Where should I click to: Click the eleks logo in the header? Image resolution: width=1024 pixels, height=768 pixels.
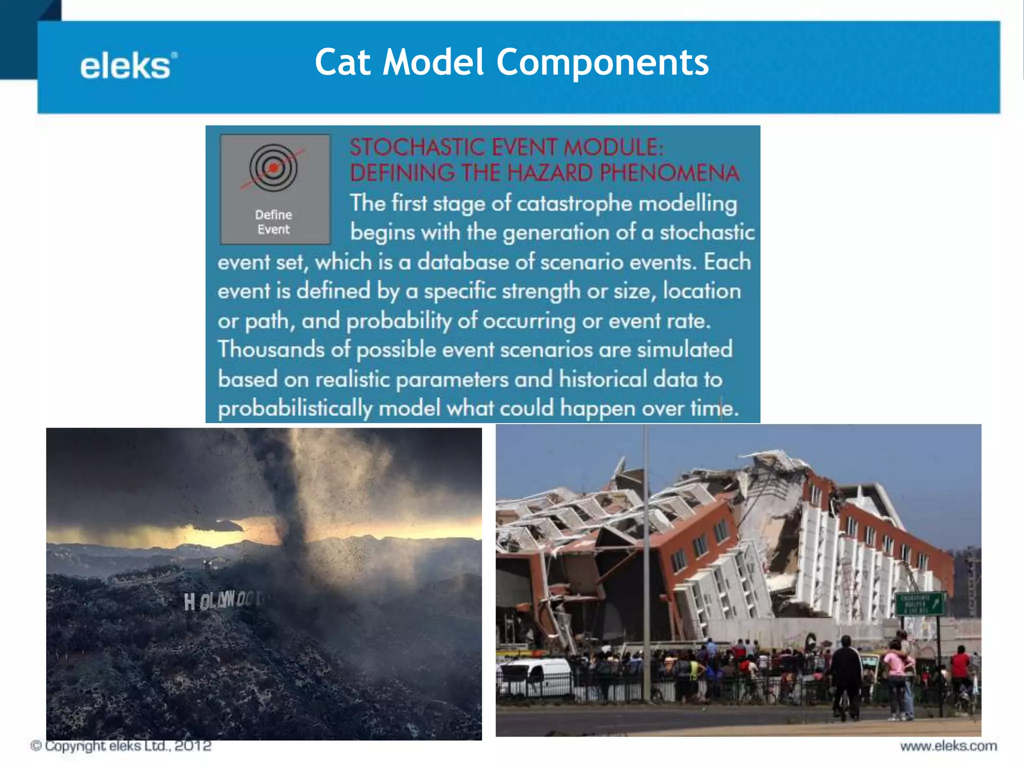pyautogui.click(x=128, y=66)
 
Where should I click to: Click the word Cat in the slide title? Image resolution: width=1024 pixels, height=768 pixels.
pyautogui.click(x=343, y=62)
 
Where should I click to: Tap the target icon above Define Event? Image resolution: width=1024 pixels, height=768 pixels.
pyautogui.click(x=273, y=167)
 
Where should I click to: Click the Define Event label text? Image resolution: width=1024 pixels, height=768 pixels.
pyautogui.click(x=273, y=222)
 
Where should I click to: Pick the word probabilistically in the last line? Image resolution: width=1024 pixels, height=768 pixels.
pyautogui.click(x=295, y=408)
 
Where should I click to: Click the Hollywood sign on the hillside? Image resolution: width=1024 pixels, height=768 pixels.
pyautogui.click(x=224, y=600)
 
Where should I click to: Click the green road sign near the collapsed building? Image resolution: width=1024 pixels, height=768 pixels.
pyautogui.click(x=919, y=603)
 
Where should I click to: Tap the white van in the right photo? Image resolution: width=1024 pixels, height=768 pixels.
pyautogui.click(x=534, y=675)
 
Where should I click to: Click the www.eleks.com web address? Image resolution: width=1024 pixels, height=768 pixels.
pyautogui.click(x=948, y=746)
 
